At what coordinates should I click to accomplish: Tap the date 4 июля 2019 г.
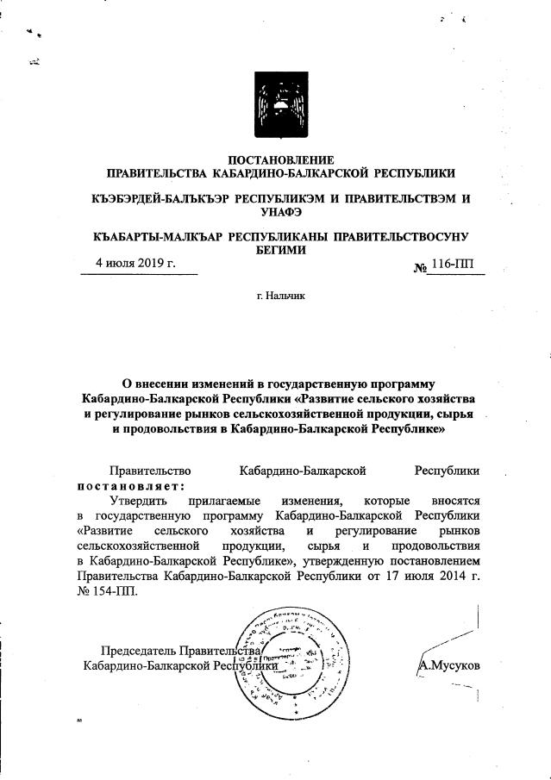[x=135, y=263]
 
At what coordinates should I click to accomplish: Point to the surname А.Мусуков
[x=448, y=665]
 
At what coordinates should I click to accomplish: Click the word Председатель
[x=139, y=650]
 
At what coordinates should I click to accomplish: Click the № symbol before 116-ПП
[x=422, y=266]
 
